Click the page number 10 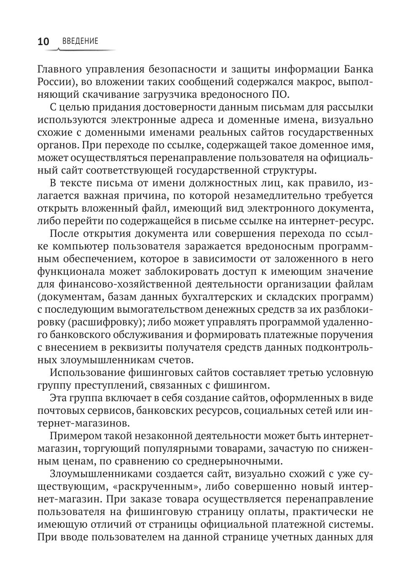(x=43, y=41)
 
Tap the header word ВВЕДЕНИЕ (x=80, y=41)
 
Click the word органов (x=56, y=145)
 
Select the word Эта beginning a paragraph (x=59, y=398)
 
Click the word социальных (x=278, y=411)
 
